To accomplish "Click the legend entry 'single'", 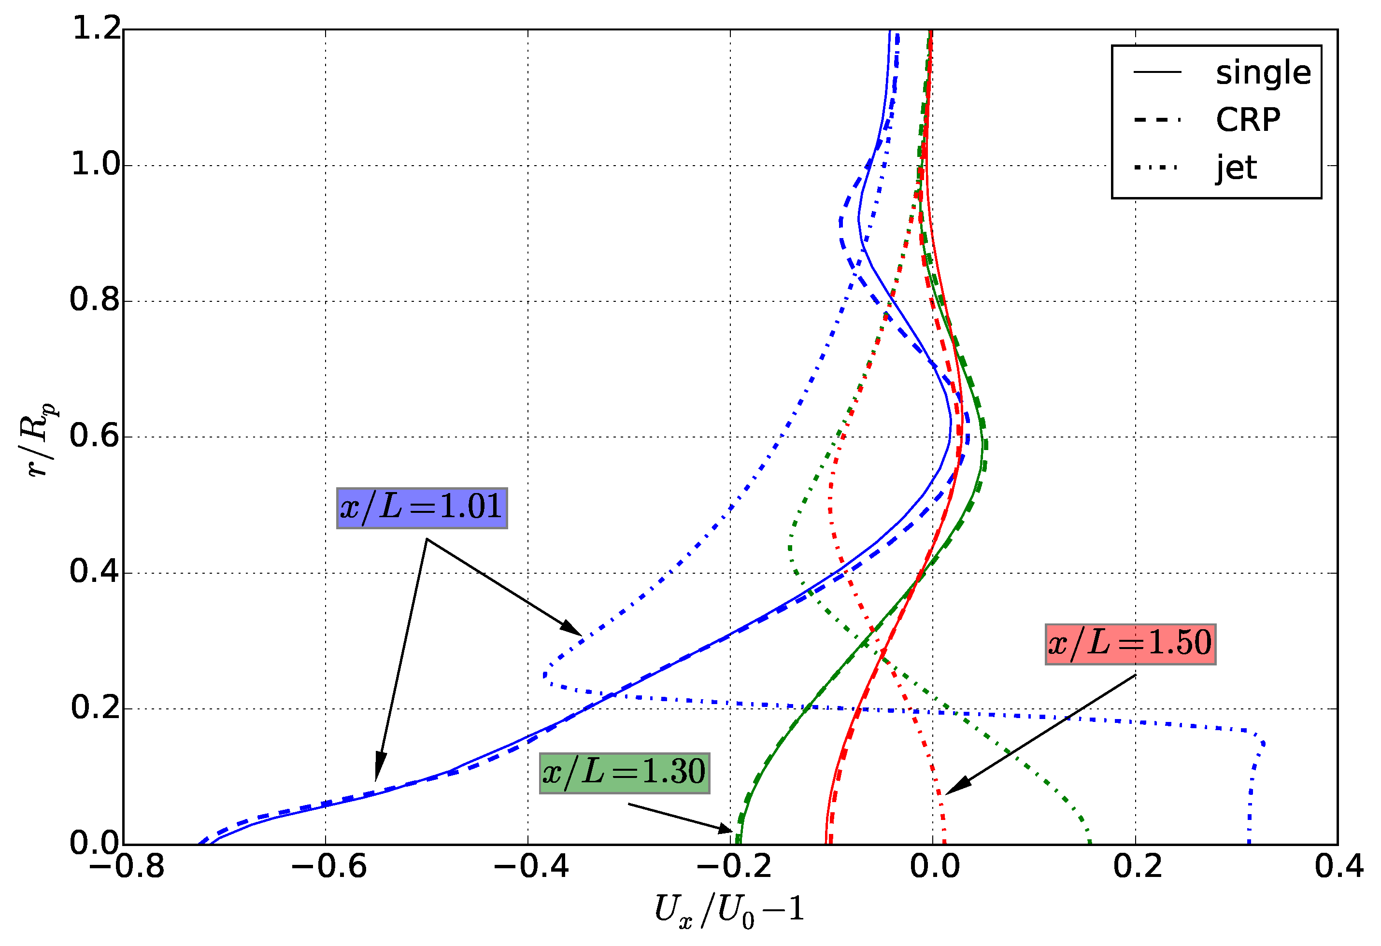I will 1263,73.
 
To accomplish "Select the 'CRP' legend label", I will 1248,120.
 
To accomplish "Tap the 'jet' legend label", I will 1236,168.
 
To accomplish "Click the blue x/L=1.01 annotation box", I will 422,508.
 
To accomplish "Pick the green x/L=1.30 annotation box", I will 625,773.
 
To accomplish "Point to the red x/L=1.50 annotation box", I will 1130,644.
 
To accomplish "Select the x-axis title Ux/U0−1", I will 730,910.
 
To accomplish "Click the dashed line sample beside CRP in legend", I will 1156,120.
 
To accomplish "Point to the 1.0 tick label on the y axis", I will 95,164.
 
